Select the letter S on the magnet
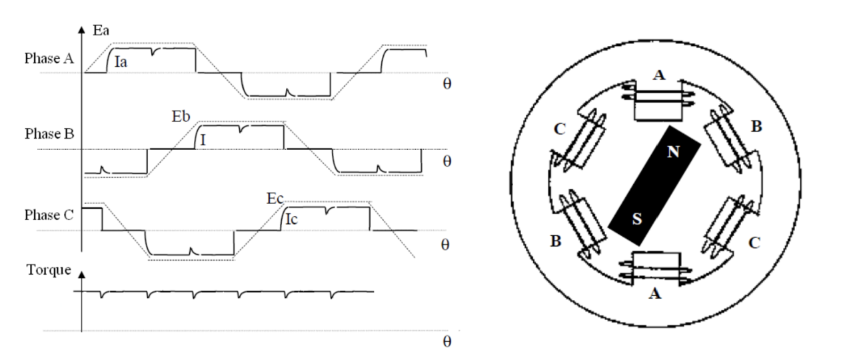click(x=636, y=218)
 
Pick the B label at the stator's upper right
click(x=756, y=127)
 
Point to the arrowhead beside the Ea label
click(x=82, y=30)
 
